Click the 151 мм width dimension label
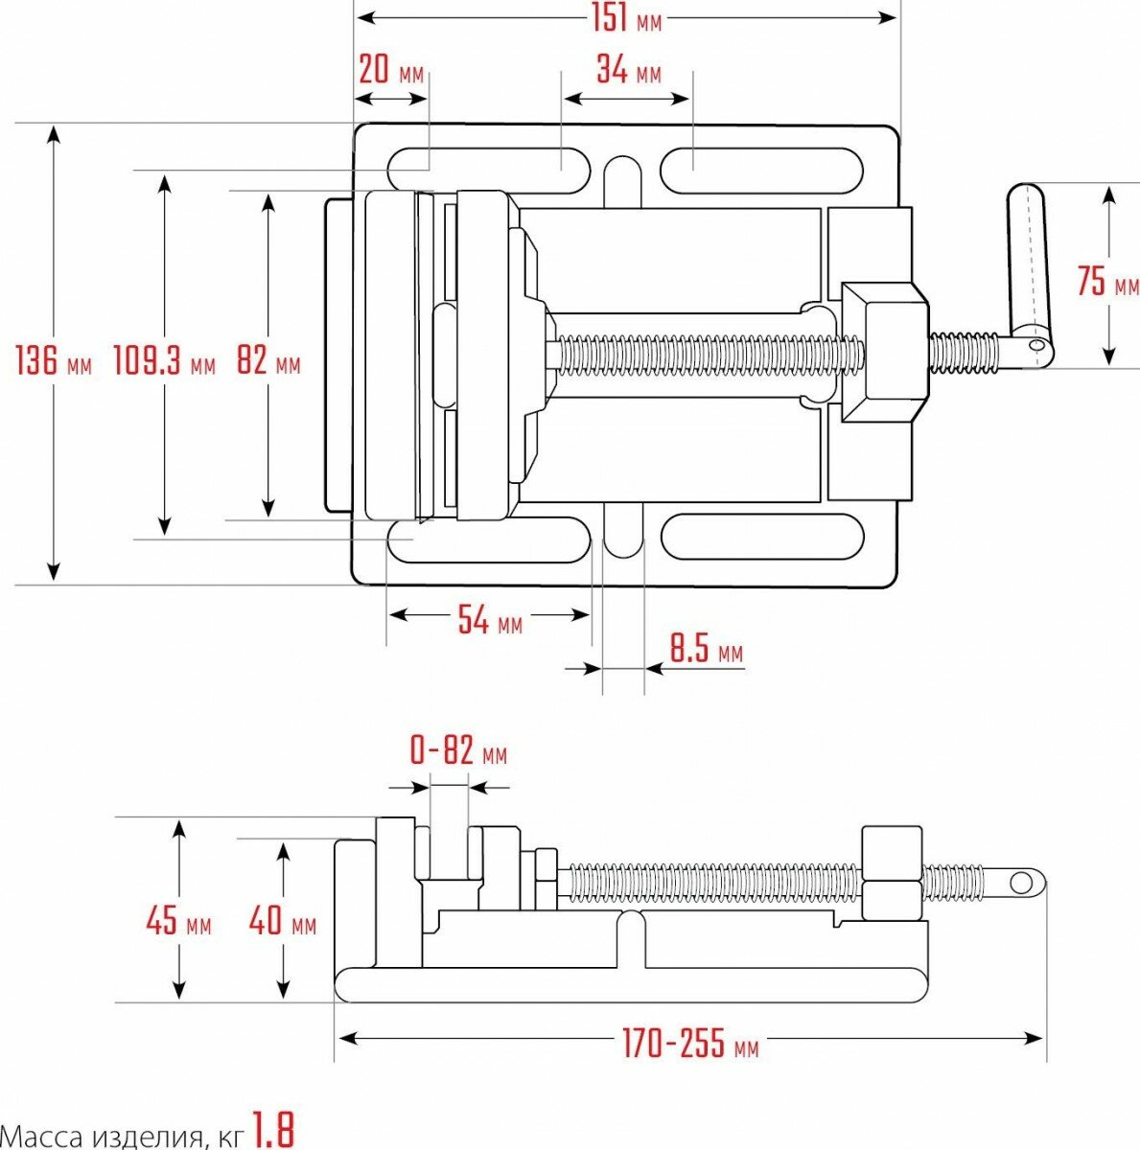coord(626,18)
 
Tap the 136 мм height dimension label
coord(54,360)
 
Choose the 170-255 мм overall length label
coord(689,1044)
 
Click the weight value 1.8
coord(273,1130)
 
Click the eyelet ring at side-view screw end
coord(1026,882)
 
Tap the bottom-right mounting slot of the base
coord(761,537)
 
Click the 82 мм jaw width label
coord(268,360)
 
